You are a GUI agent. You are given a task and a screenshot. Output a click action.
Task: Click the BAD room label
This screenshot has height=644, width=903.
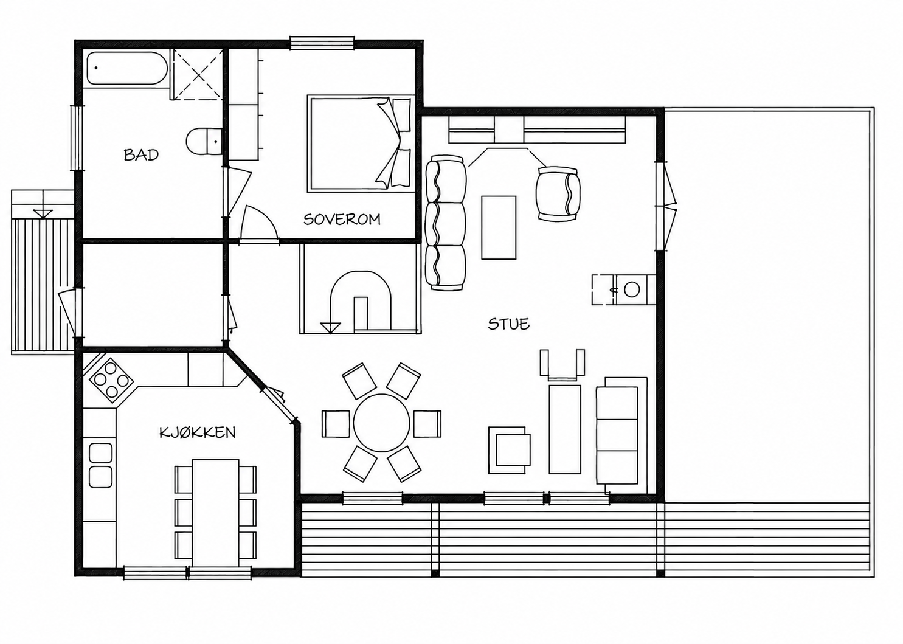[141, 155]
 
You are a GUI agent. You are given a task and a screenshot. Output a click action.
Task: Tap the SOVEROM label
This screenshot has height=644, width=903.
[342, 220]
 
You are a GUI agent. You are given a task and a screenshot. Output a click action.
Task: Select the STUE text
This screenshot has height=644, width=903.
[508, 324]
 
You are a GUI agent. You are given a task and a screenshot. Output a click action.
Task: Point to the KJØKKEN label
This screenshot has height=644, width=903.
[198, 433]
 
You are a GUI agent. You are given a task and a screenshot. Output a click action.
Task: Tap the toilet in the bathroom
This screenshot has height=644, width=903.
[204, 140]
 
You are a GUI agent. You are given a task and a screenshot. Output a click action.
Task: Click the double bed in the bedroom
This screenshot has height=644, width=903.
[361, 144]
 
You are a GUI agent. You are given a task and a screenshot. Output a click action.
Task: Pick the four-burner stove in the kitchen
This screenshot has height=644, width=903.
[112, 380]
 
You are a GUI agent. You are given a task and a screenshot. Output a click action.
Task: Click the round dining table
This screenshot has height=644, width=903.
[381, 423]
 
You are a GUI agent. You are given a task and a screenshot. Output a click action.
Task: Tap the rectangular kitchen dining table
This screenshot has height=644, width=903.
[216, 513]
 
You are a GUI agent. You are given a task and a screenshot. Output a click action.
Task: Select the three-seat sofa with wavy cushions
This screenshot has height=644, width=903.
[446, 223]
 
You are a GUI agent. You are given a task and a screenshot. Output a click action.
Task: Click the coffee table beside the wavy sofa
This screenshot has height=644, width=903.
[499, 227]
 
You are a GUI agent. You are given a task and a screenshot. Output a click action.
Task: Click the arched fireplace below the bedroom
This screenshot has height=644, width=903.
[361, 300]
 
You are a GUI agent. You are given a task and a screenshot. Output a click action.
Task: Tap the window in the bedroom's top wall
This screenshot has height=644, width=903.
[322, 44]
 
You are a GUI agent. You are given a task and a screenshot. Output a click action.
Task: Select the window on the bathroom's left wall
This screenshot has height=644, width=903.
[77, 138]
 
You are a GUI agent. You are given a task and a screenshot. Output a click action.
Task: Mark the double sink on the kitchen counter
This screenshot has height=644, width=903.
[100, 465]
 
